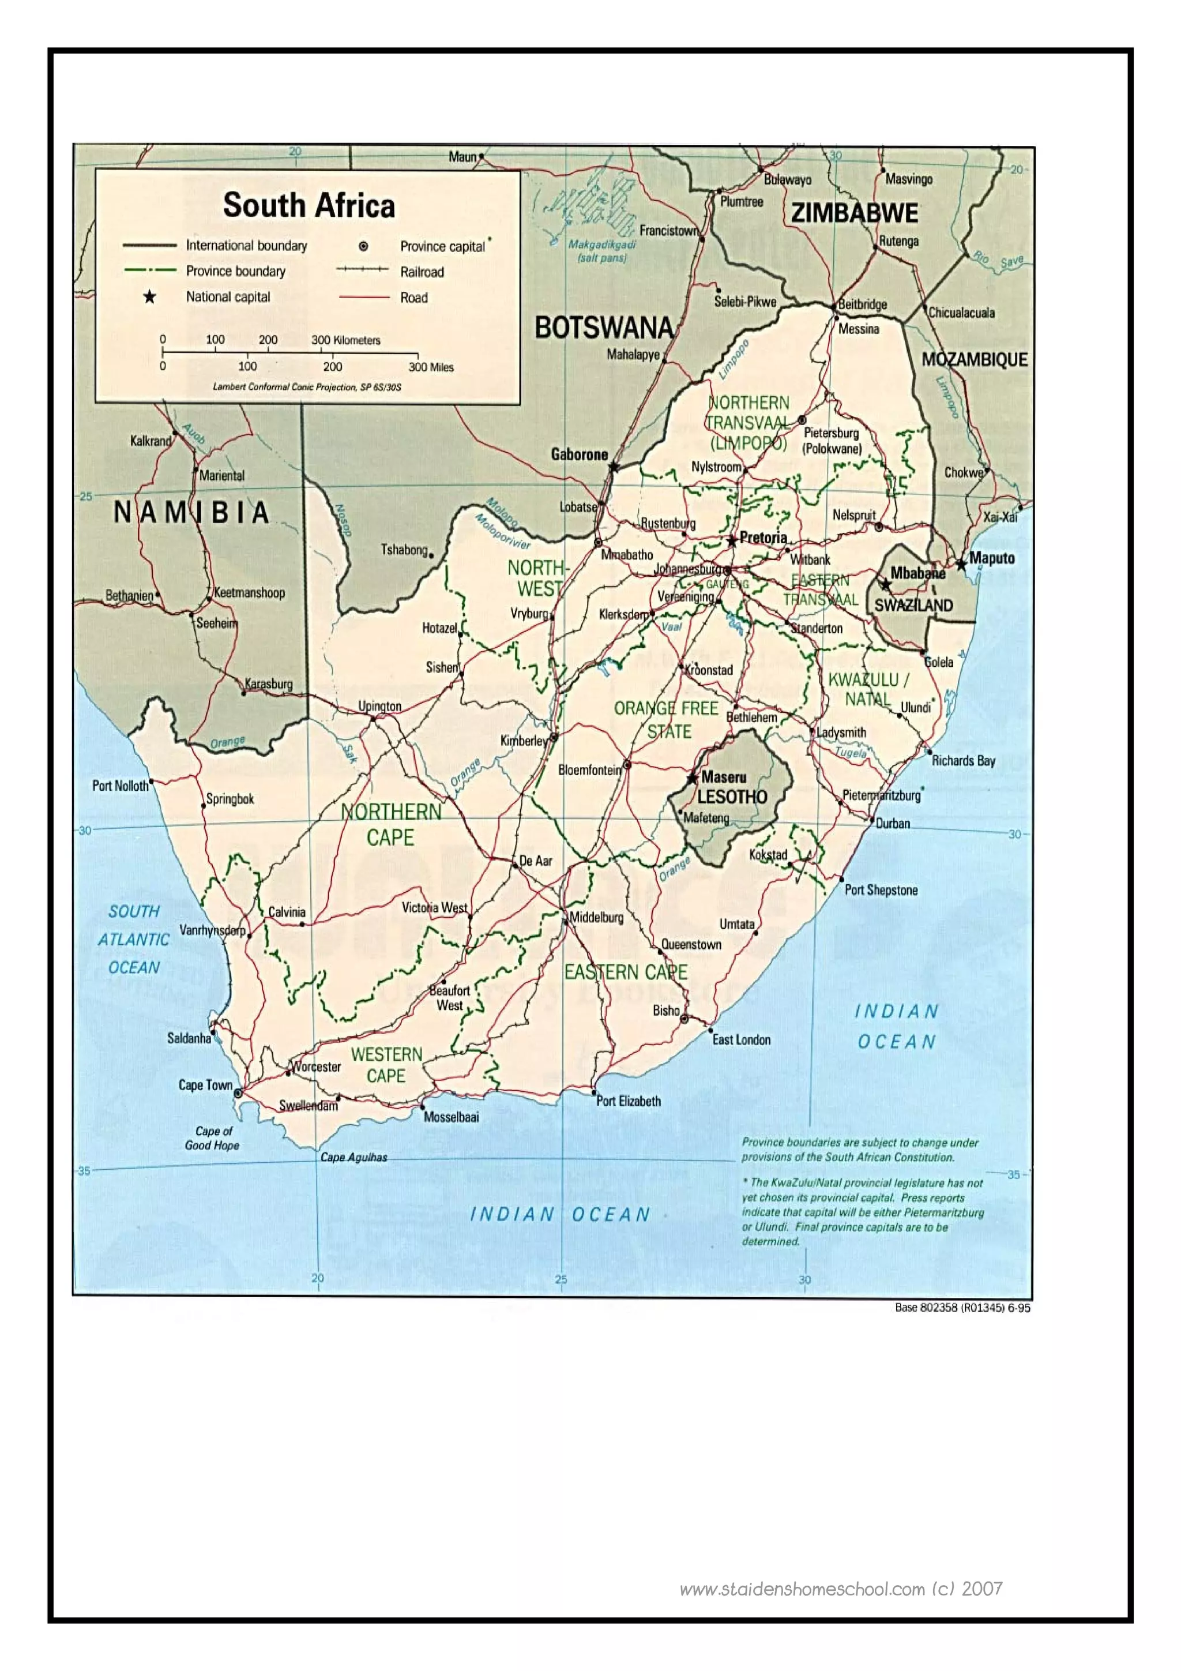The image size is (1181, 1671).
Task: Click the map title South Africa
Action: [x=309, y=205]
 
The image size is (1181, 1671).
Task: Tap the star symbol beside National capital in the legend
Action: [x=149, y=297]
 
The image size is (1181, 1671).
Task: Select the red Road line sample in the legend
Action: [x=364, y=298]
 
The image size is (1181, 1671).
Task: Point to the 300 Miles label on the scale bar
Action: [x=431, y=367]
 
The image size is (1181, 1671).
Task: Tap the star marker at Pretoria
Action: [x=731, y=540]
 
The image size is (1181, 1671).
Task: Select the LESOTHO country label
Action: [x=732, y=797]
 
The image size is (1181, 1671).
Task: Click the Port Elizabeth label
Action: [x=629, y=1101]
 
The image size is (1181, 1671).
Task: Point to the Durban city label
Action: [x=893, y=823]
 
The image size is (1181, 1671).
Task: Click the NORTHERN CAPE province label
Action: [x=391, y=825]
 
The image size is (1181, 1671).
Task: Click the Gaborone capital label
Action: [x=578, y=454]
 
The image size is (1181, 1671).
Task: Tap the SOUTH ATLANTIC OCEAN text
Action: [x=134, y=940]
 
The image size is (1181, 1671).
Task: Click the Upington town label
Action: [x=379, y=707]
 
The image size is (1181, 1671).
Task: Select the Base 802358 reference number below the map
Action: [x=962, y=1308]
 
